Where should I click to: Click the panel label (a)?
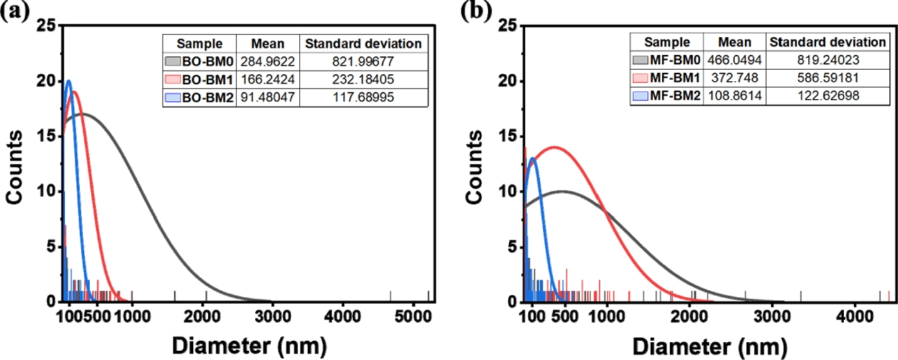tap(15, 12)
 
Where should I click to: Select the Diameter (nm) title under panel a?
tap(249, 344)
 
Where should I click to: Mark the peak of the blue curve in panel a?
tap(68, 81)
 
